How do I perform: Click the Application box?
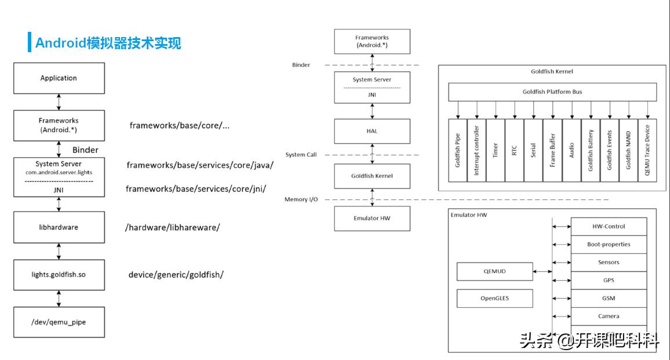(x=59, y=78)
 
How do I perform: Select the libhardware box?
(x=59, y=227)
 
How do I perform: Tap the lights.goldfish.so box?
(x=59, y=274)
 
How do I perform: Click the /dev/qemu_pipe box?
(x=59, y=322)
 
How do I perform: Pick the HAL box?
(x=372, y=131)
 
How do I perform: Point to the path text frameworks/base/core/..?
(x=179, y=125)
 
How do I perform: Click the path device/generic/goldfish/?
(x=176, y=275)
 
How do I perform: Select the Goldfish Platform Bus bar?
(x=552, y=92)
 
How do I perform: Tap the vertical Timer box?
(x=496, y=150)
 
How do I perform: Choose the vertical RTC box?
(x=514, y=150)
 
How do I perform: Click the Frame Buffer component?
(x=552, y=150)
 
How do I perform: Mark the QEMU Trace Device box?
(x=647, y=150)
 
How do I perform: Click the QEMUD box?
(x=494, y=271)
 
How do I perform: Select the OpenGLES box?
(x=494, y=299)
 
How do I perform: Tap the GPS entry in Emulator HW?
(x=609, y=281)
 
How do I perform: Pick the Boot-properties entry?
(x=609, y=245)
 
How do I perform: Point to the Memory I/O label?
(x=301, y=199)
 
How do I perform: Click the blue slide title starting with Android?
(x=108, y=43)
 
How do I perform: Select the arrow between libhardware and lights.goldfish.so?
(x=59, y=251)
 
